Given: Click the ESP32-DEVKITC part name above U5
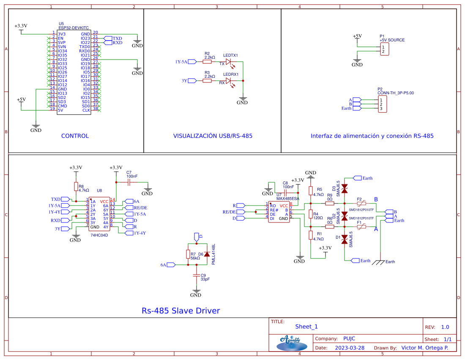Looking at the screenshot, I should [x=72, y=27].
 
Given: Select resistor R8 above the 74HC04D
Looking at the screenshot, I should [x=76, y=187].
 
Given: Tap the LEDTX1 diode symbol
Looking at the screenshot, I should [x=229, y=62].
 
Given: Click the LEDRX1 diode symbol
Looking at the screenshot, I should [x=229, y=80].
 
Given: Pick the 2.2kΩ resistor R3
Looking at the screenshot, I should [x=207, y=80].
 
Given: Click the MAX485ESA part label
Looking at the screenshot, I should [x=287, y=198].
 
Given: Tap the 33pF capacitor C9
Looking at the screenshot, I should [x=196, y=275].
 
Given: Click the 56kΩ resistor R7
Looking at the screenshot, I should [x=188, y=254].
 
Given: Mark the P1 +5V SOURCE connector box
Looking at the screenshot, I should [x=384, y=49].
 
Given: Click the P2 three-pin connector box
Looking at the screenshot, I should [x=383, y=104].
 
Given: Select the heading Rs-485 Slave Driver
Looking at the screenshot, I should [x=181, y=311].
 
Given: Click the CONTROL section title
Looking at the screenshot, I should [x=75, y=136].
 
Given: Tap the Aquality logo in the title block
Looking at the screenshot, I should [x=292, y=343].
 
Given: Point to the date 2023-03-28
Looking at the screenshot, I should [x=349, y=348].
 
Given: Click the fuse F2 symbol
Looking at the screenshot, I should [x=361, y=203].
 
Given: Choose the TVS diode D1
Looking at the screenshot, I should [x=345, y=240].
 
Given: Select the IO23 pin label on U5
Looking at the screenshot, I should [x=85, y=38].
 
